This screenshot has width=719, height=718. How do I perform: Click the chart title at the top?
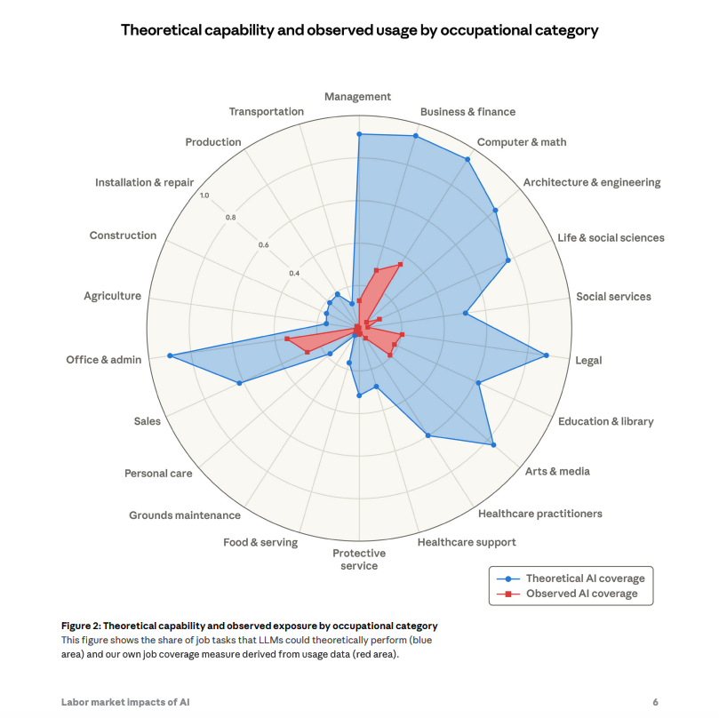359,30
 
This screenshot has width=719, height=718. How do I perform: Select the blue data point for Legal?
547,355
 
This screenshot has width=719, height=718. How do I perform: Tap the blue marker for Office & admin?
169,356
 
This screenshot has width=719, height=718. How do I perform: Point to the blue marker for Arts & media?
493,444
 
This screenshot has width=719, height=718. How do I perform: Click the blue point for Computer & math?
467,159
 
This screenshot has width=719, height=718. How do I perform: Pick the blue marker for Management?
359,134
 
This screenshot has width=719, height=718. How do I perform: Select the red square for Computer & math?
401,263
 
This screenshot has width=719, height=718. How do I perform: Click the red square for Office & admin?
287,339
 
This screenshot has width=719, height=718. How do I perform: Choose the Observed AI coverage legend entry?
581,594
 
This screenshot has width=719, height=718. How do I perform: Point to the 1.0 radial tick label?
204,195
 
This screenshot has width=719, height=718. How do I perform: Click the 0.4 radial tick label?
294,273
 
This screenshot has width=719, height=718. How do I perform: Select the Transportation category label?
266,112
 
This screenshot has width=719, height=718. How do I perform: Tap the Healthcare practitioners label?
539,514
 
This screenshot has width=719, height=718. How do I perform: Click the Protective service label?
359,560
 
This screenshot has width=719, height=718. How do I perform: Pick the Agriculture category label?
112,296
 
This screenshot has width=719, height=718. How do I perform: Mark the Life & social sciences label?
611,238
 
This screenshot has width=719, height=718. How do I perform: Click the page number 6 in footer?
656,702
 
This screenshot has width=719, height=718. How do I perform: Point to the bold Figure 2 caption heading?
249,626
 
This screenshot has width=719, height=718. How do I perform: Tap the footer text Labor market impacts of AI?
125,702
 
